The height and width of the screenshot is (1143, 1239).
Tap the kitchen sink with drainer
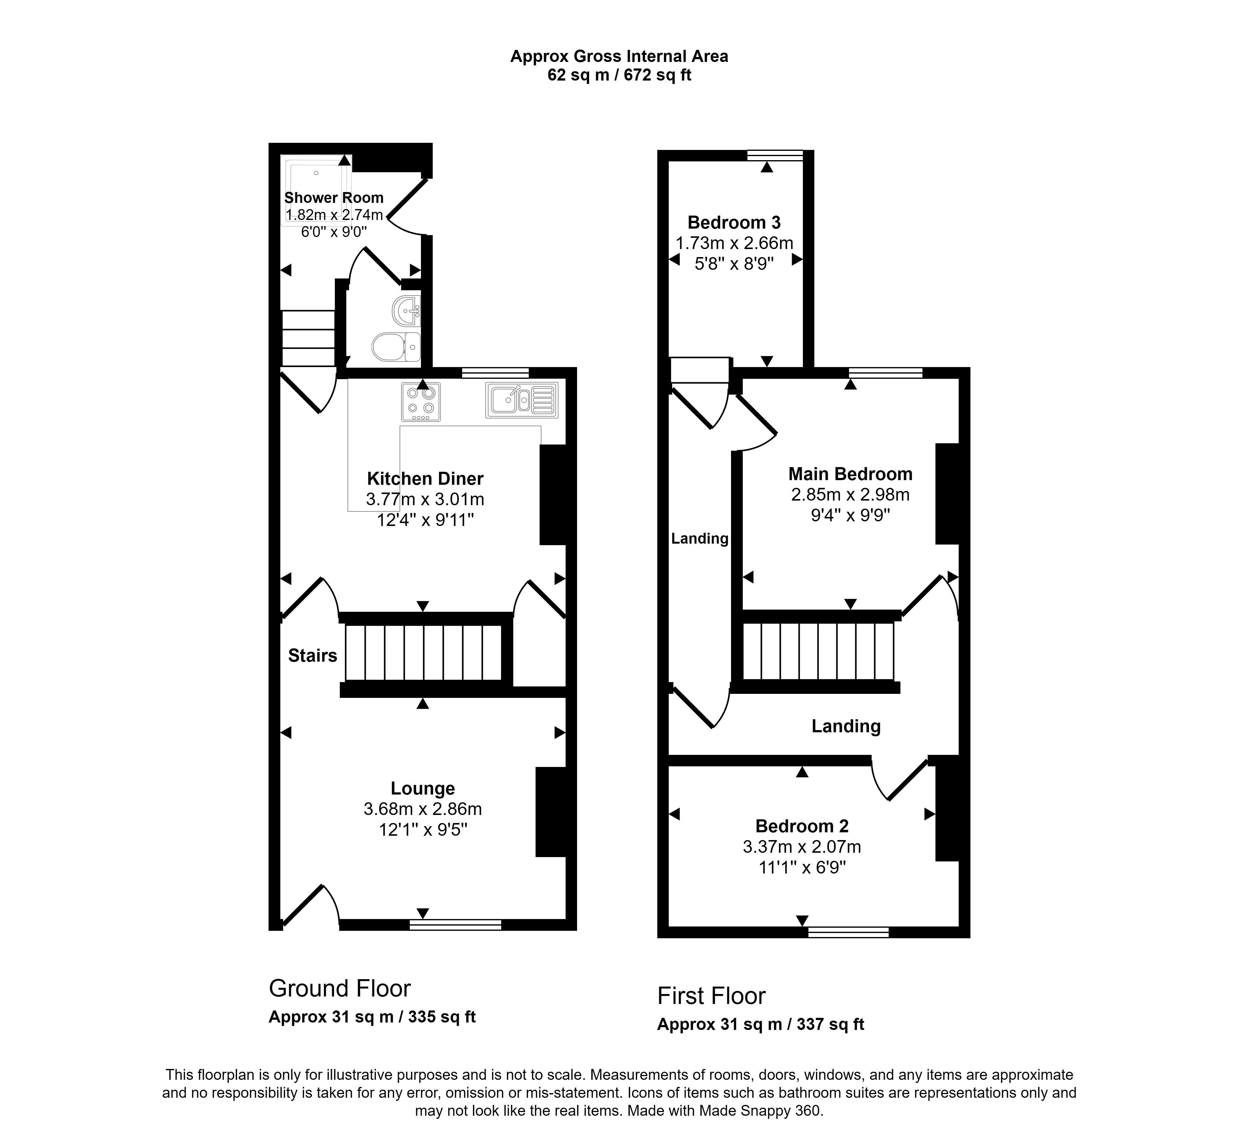point(521,400)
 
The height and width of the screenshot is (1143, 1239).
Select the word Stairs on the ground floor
point(312,656)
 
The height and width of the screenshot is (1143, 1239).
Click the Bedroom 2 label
point(802,826)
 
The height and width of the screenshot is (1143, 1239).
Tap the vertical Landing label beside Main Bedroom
point(700,539)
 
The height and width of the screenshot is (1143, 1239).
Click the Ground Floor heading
point(339,988)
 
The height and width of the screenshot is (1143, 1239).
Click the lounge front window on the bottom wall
point(455,925)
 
